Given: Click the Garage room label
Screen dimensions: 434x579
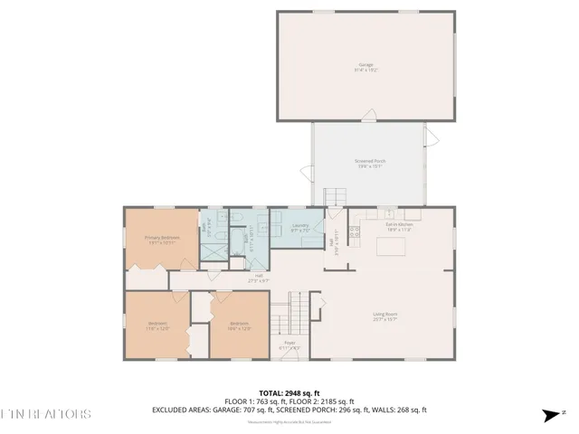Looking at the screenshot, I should [x=366, y=67].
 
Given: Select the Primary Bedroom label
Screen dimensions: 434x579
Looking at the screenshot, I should [x=162, y=239].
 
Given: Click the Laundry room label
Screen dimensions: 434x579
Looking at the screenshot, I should [x=301, y=228].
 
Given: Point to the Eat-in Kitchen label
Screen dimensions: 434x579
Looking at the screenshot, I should [x=399, y=227].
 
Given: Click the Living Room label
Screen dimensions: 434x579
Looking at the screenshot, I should [x=385, y=316].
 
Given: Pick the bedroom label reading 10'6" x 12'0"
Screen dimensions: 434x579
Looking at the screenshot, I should [x=239, y=325].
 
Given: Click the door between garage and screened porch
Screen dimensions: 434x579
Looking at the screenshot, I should [x=366, y=118].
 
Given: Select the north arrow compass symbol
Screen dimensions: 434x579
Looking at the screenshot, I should [x=549, y=415].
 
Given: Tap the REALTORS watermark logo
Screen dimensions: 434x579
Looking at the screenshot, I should [x=45, y=414].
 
